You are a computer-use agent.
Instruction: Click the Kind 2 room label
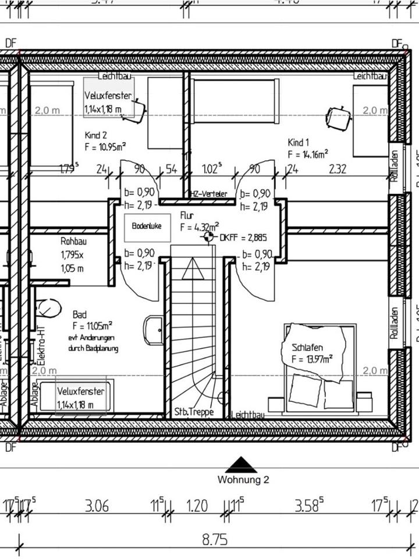[96, 135]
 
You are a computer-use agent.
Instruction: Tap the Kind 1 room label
[299, 142]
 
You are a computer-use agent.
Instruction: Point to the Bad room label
[80, 314]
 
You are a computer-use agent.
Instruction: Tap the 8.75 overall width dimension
[214, 540]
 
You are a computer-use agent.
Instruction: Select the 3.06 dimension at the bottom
[97, 505]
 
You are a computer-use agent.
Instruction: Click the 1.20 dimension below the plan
[197, 505]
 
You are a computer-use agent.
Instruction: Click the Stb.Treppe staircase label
[194, 412]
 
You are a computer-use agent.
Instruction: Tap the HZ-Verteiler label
[208, 194]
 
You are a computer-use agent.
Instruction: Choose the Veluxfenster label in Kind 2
[108, 95]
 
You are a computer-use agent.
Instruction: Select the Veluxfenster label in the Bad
[80, 391]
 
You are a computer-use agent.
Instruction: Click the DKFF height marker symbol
[207, 238]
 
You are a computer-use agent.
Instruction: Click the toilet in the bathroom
[48, 306]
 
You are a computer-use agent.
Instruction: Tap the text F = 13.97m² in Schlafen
[313, 358]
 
